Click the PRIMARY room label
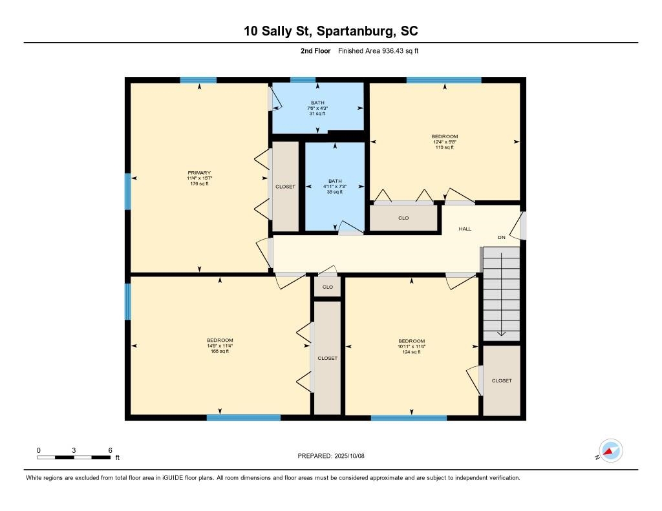(199, 172)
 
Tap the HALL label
(465, 229)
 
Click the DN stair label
(502, 237)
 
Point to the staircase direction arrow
(501, 295)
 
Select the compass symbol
(610, 451)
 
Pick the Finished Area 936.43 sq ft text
(378, 50)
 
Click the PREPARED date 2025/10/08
(331, 455)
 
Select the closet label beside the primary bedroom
(285, 187)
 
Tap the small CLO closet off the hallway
(328, 287)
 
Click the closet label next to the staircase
(502, 381)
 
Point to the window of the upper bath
(303, 79)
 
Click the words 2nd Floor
(315, 50)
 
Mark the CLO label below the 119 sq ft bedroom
(403, 218)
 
